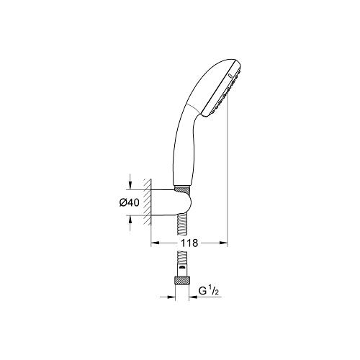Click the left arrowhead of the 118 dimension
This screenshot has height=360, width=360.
pyautogui.click(x=153, y=243)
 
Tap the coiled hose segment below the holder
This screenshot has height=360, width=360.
pyautogui.click(x=181, y=225)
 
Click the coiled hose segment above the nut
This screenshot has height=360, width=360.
pyautogui.click(x=180, y=259)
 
